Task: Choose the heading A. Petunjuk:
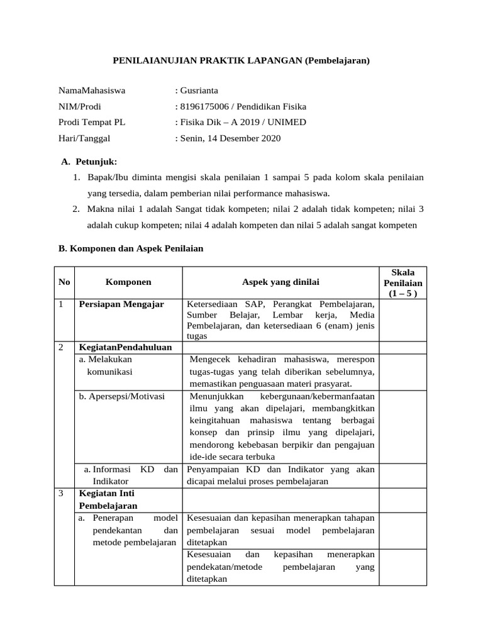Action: tap(89, 162)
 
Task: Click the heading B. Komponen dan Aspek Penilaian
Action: tap(131, 248)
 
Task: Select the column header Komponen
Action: tap(128, 282)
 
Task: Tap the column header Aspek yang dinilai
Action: tap(280, 282)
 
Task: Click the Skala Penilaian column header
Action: tap(402, 282)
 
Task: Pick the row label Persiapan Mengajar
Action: tap(121, 304)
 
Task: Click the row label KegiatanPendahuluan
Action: tap(125, 347)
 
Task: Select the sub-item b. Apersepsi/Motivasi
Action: tap(121, 396)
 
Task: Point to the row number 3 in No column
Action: tap(62, 494)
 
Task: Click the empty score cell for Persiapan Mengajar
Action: tap(402, 319)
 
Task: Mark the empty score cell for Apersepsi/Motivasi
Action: tap(402, 426)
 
